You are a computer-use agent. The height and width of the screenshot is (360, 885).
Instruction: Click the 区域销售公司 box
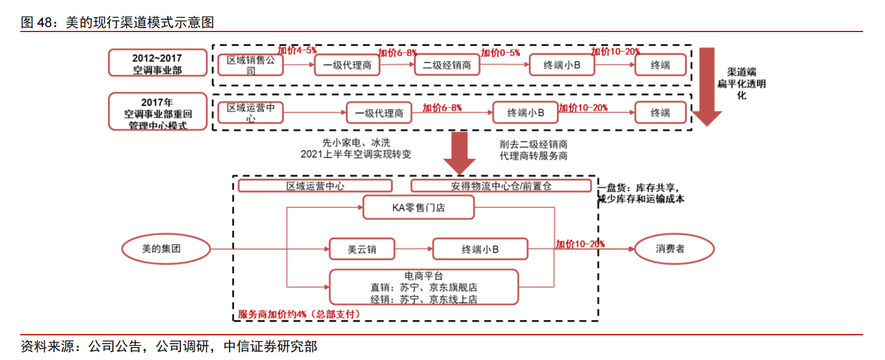pos(250,65)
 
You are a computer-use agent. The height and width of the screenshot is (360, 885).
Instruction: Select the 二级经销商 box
pos(447,65)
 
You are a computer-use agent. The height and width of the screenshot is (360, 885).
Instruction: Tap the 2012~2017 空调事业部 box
pos(158,63)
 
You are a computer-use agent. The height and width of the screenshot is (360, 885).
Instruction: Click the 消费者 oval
pos(674,249)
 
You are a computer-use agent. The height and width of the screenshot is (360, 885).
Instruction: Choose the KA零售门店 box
pos(418,208)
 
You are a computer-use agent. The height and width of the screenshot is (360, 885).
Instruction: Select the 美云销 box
pos(362,249)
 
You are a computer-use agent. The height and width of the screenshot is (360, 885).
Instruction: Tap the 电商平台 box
pos(423,287)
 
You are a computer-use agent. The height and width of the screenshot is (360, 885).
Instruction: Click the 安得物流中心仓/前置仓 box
pos(501,186)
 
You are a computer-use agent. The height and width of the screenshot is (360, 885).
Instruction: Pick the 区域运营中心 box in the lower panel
pos(315,186)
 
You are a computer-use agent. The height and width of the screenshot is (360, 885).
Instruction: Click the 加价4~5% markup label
pos(297,51)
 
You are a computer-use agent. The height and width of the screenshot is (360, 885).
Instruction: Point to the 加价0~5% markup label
pos(500,53)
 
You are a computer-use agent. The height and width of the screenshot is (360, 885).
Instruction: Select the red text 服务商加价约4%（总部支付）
pos(298,314)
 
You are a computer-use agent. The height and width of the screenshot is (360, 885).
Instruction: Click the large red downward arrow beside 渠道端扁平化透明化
pos(707,84)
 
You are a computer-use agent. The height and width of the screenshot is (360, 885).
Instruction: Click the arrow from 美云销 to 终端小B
pos(414,249)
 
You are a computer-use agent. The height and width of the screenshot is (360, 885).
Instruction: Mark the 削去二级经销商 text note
pos(533,145)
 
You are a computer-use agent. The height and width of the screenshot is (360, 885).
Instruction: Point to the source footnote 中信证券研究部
pos(270,346)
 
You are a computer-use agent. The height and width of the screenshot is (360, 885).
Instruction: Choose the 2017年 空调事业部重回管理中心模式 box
pos(158,112)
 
